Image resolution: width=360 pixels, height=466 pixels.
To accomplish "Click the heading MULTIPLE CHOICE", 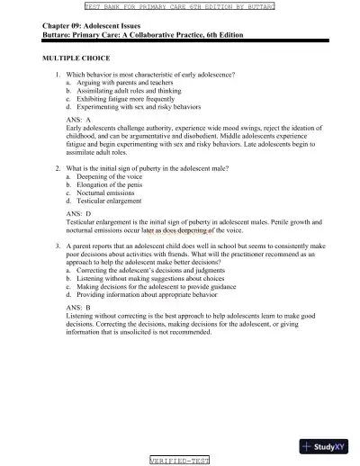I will [73, 57].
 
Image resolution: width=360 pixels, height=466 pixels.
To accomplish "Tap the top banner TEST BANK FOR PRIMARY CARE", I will [180, 5].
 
